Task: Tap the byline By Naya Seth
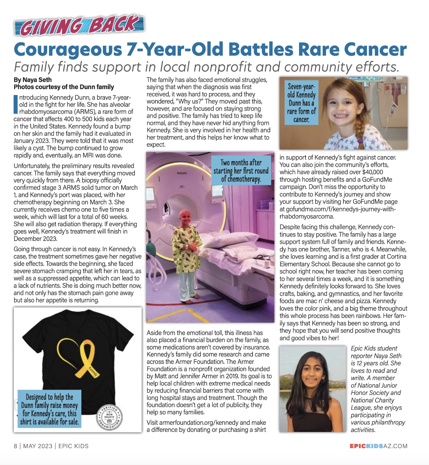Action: [33, 80]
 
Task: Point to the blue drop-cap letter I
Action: [15, 104]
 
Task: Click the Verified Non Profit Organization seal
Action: [110, 417]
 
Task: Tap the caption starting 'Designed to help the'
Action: [49, 409]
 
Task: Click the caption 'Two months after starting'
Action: [241, 170]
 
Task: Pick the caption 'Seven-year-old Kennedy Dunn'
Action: [301, 103]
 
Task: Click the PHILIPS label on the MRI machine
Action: [182, 173]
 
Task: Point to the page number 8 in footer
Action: [15, 446]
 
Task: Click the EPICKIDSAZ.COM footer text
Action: [378, 446]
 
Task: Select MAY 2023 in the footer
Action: [38, 446]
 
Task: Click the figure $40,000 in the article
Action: [372, 172]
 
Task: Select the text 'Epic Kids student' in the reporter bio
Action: [374, 348]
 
